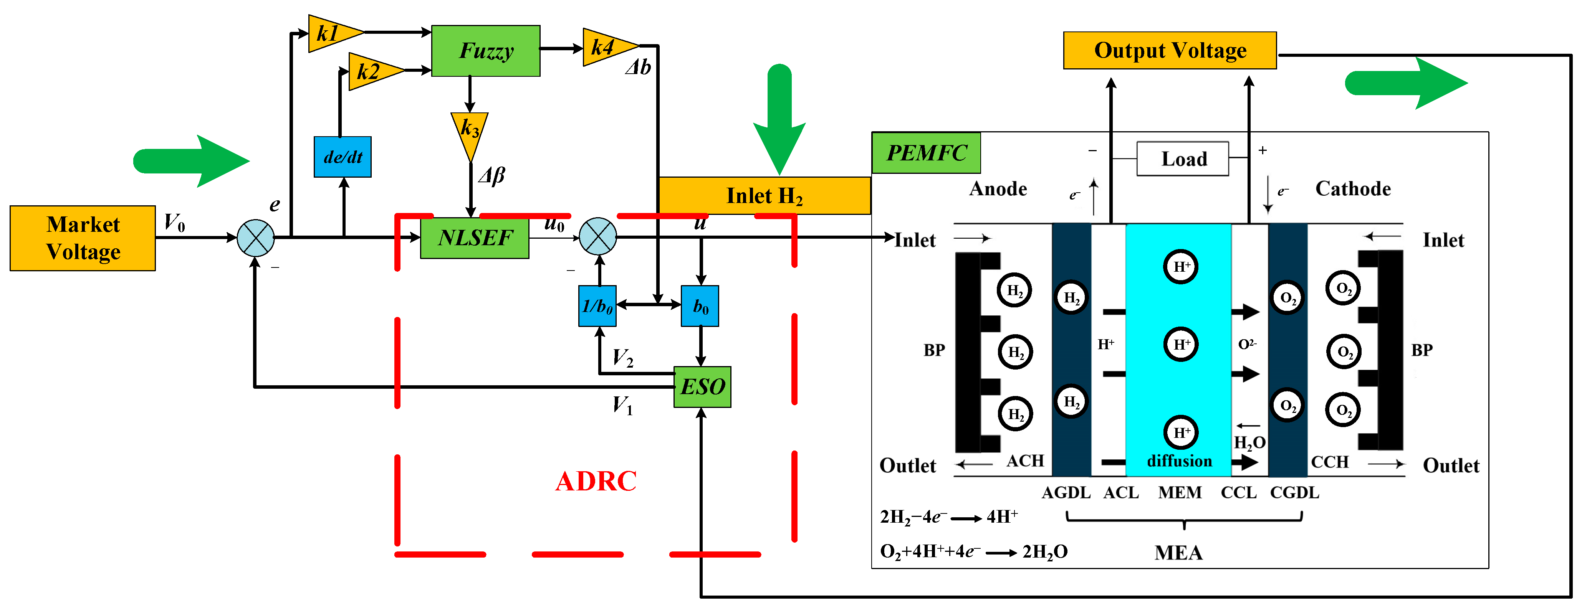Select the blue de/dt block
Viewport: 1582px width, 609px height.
(x=342, y=157)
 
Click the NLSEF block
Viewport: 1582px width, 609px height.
(x=474, y=238)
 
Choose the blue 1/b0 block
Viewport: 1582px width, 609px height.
(x=597, y=306)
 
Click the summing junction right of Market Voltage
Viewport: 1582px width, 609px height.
(x=255, y=238)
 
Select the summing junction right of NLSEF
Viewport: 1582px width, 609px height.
(x=597, y=236)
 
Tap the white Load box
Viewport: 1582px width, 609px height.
(x=1182, y=159)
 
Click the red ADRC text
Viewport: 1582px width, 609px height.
(x=595, y=481)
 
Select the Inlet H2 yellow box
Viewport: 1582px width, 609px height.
(x=764, y=196)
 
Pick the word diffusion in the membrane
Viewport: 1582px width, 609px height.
(x=1179, y=461)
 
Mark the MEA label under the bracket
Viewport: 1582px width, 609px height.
(x=1178, y=553)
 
